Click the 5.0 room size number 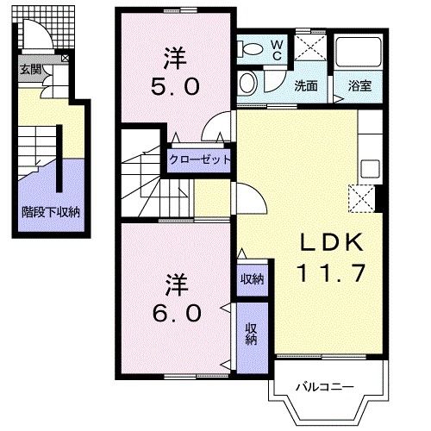click(178, 86)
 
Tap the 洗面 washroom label click(305, 86)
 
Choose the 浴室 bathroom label click(360, 86)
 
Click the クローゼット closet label click(200, 159)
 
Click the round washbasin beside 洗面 click(247, 84)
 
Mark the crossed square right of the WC click(309, 46)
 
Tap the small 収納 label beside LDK click(252, 278)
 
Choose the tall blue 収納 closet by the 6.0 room click(251, 334)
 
